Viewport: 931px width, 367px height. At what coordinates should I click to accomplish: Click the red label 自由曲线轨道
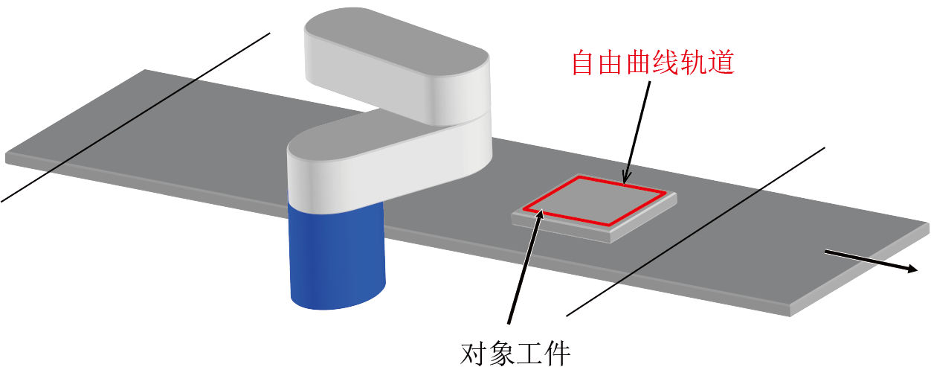(x=653, y=63)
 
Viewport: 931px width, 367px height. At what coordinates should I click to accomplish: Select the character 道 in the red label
(x=721, y=63)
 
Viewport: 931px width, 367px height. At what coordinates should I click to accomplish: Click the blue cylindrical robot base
(x=337, y=254)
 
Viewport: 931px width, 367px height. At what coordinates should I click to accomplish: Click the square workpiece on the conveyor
(x=594, y=207)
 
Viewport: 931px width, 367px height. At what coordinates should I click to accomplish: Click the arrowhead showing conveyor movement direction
(x=912, y=269)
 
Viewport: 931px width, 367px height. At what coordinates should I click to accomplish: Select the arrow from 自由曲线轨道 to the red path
(x=637, y=133)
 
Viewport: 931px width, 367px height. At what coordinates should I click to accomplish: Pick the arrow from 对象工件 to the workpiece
(x=525, y=267)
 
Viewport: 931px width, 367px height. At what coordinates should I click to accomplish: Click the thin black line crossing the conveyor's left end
(x=135, y=118)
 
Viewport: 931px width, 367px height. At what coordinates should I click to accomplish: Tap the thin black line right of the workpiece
(x=696, y=232)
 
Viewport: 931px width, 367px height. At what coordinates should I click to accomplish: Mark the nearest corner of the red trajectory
(x=611, y=226)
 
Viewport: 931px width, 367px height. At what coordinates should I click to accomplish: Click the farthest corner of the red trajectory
(x=579, y=177)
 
